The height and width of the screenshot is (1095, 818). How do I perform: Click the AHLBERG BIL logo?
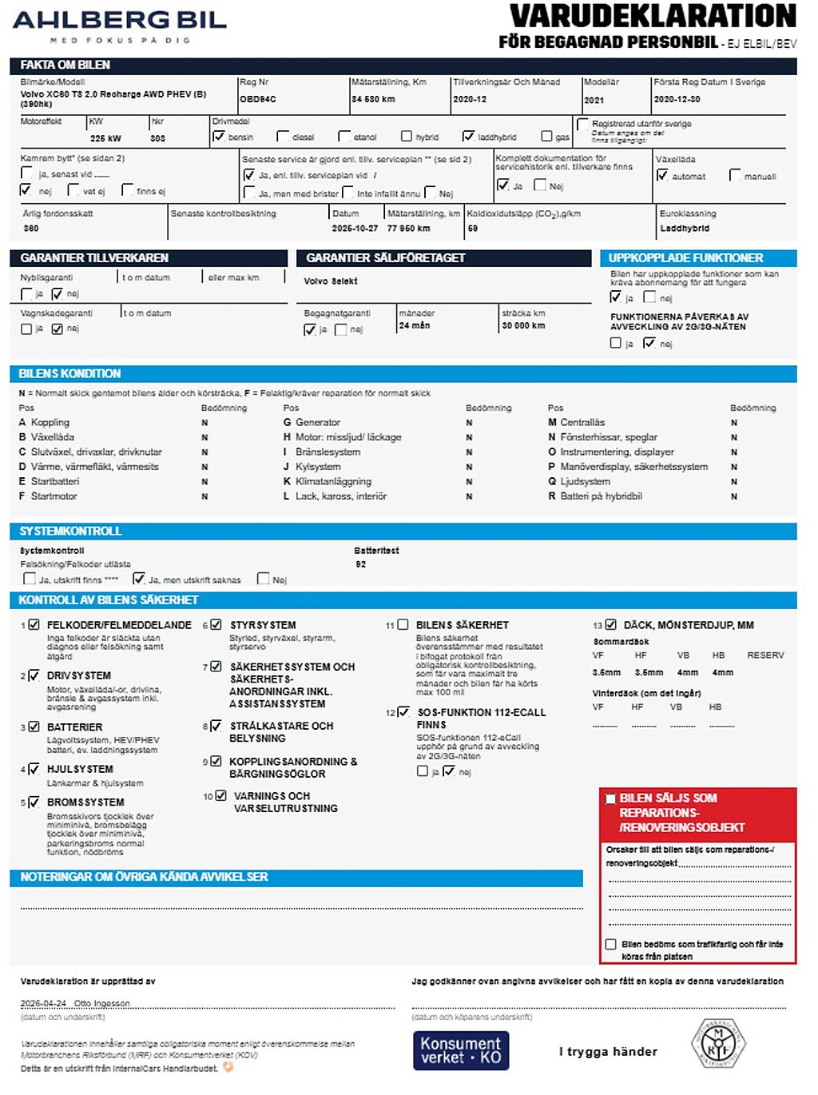pyautogui.click(x=120, y=24)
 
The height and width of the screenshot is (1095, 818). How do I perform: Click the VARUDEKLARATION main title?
pyautogui.click(x=653, y=16)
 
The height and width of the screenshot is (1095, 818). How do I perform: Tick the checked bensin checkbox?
pyautogui.click(x=219, y=137)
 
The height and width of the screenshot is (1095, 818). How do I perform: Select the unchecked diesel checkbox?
pyautogui.click(x=283, y=137)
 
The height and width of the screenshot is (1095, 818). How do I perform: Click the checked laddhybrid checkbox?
pyautogui.click(x=469, y=137)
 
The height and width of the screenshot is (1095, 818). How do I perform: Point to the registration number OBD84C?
pyautogui.click(x=258, y=100)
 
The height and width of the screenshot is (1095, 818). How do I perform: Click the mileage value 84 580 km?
pyautogui.click(x=373, y=100)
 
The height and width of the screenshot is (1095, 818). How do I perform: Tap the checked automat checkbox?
pyautogui.click(x=662, y=175)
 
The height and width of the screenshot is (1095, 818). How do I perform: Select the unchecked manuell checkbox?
pyautogui.click(x=735, y=175)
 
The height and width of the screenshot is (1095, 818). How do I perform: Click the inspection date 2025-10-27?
pyautogui.click(x=355, y=229)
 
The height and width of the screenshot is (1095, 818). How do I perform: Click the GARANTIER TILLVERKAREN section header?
pyautogui.click(x=94, y=258)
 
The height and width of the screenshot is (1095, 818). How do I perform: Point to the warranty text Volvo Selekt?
pyautogui.click(x=331, y=281)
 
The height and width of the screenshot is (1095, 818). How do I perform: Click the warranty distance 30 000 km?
pyautogui.click(x=523, y=326)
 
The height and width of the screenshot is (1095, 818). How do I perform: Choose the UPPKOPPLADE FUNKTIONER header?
pyautogui.click(x=685, y=258)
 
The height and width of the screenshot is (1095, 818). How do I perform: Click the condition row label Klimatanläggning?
pyautogui.click(x=333, y=482)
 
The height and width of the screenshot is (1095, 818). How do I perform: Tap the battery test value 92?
pyautogui.click(x=361, y=564)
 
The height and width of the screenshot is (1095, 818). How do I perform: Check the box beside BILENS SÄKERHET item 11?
pyautogui.click(x=403, y=625)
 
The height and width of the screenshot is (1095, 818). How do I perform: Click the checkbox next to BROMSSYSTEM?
pyautogui.click(x=34, y=802)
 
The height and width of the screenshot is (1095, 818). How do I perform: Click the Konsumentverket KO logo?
pyautogui.click(x=461, y=1050)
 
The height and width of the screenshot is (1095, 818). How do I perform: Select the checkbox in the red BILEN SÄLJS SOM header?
pyautogui.click(x=611, y=798)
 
